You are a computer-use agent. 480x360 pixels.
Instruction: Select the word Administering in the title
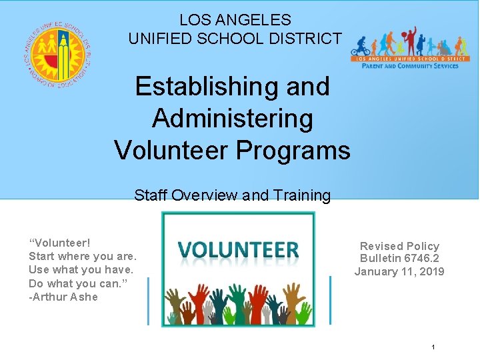(232, 119)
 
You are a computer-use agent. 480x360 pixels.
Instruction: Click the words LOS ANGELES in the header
(235, 20)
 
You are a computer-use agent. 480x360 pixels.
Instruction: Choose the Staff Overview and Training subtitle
(232, 195)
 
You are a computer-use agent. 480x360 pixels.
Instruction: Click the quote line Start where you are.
(83, 257)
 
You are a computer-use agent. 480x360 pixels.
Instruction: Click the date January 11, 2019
(399, 271)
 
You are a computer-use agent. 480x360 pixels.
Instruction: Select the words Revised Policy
(399, 246)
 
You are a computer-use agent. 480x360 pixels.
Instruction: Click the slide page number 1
(433, 347)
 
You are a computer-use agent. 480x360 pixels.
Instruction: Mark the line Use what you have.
(81, 270)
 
